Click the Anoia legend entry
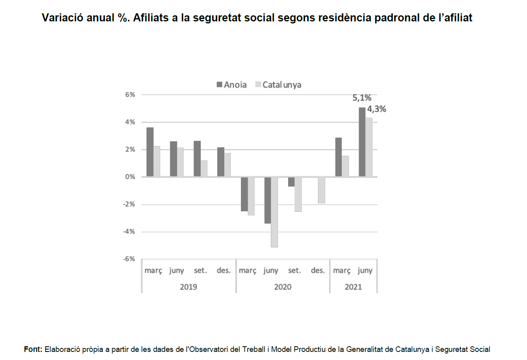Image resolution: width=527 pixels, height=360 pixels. [x=232, y=85]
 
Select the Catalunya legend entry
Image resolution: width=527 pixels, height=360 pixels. [x=278, y=85]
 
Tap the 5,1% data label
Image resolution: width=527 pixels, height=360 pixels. [x=362, y=98]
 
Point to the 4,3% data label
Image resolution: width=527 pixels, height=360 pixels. [x=376, y=109]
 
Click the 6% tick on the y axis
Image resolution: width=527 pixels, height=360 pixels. [x=130, y=94]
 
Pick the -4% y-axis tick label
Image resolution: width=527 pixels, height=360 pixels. [x=129, y=232]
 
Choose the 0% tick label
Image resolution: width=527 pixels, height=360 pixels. [x=130, y=177]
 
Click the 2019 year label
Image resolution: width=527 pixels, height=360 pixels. [x=188, y=287]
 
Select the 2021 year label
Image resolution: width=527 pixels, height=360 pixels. [x=353, y=287]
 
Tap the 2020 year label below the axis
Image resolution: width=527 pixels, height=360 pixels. [x=283, y=287]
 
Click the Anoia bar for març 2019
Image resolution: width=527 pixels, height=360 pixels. [x=150, y=152]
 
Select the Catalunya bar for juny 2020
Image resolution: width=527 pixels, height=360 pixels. [x=274, y=212]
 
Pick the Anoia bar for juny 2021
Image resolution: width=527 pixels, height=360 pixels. [x=362, y=142]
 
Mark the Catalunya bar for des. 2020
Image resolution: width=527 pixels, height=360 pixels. [x=322, y=190]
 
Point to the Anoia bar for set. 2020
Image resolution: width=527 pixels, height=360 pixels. [x=291, y=182]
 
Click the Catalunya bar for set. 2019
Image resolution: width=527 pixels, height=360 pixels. [x=204, y=168]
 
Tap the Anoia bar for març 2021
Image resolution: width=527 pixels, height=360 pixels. [x=339, y=157]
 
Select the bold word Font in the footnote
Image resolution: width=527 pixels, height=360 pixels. [x=33, y=350]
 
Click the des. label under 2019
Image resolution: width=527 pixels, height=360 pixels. [x=224, y=270]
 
